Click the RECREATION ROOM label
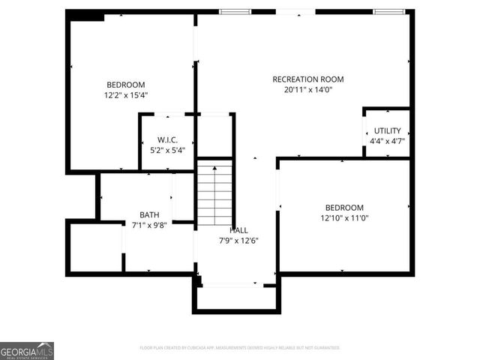307,79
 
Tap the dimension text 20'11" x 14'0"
307,90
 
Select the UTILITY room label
387,130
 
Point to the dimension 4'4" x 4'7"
387,140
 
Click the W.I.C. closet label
167,140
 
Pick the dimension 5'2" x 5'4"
167,150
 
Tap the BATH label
149,214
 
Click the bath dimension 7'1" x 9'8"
149,224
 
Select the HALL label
238,230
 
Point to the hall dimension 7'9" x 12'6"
238,240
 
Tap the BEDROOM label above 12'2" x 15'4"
126,85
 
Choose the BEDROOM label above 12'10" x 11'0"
344,208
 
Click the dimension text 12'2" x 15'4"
126,95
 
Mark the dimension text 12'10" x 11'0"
344,218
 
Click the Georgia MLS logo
27,351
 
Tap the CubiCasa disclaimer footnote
240,348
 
